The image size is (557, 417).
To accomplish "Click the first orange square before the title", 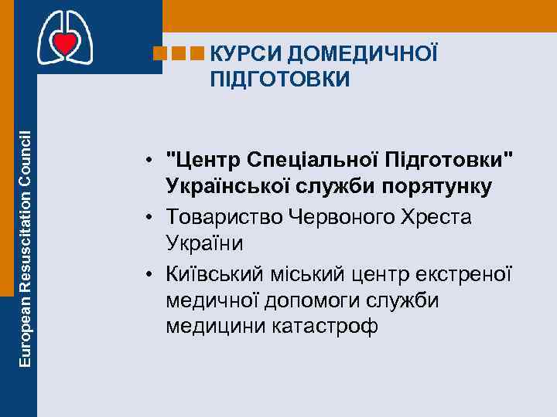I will point(162,54).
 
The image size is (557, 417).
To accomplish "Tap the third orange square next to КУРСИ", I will point(198,54).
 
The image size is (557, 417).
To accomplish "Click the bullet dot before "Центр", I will point(154,161).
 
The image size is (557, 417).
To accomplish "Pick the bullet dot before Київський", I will point(154,273).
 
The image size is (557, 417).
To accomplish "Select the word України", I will point(204,245).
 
